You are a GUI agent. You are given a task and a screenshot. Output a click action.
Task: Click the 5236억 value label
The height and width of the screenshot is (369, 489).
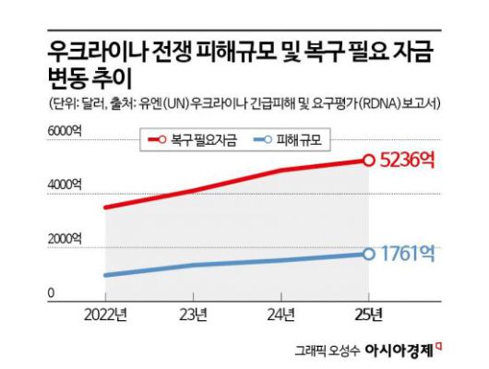407,160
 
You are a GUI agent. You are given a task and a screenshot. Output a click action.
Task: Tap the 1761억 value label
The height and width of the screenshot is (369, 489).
407,253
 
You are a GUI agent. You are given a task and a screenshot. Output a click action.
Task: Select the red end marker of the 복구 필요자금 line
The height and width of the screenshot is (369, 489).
368,160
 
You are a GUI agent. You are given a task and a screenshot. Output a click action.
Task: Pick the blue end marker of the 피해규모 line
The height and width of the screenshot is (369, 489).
368,254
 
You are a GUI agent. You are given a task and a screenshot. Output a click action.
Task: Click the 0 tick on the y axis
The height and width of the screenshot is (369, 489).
52,293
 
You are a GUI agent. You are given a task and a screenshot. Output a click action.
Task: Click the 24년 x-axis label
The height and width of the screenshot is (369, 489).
280,313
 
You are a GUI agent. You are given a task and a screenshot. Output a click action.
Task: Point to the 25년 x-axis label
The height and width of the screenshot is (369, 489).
368,313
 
